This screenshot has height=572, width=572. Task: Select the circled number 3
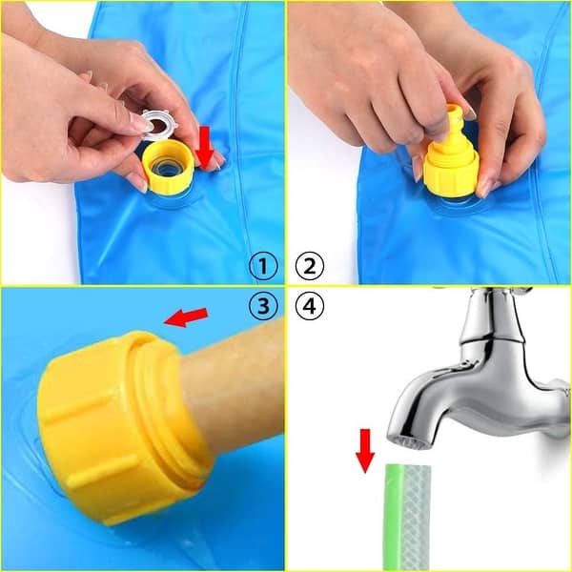263,306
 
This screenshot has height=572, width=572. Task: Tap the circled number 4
309,306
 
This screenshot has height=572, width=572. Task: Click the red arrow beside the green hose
364,450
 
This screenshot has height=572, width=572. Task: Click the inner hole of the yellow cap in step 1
169,168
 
